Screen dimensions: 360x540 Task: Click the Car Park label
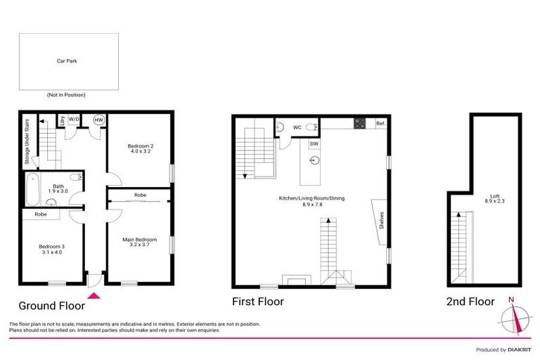tap(67, 61)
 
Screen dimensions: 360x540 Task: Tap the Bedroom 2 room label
tap(140, 148)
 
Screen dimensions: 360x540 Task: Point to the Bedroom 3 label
tap(51, 247)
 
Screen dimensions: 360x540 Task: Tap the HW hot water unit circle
tap(98, 120)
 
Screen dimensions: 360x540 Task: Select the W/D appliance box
tap(75, 120)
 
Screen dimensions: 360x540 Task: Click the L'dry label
tap(62, 120)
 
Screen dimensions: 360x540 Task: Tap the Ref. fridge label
tap(380, 124)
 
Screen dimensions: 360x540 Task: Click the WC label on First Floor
tap(297, 127)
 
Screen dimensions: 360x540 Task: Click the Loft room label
tap(495, 199)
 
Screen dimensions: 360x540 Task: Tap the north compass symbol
tap(517, 316)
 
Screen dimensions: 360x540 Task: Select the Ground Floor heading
tap(51, 305)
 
